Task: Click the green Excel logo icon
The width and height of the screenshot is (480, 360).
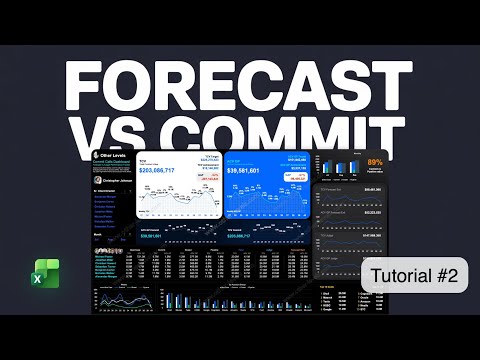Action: pos(44,275)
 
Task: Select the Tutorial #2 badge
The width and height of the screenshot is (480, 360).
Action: pos(413,277)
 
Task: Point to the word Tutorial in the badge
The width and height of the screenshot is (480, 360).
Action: pos(401,277)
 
